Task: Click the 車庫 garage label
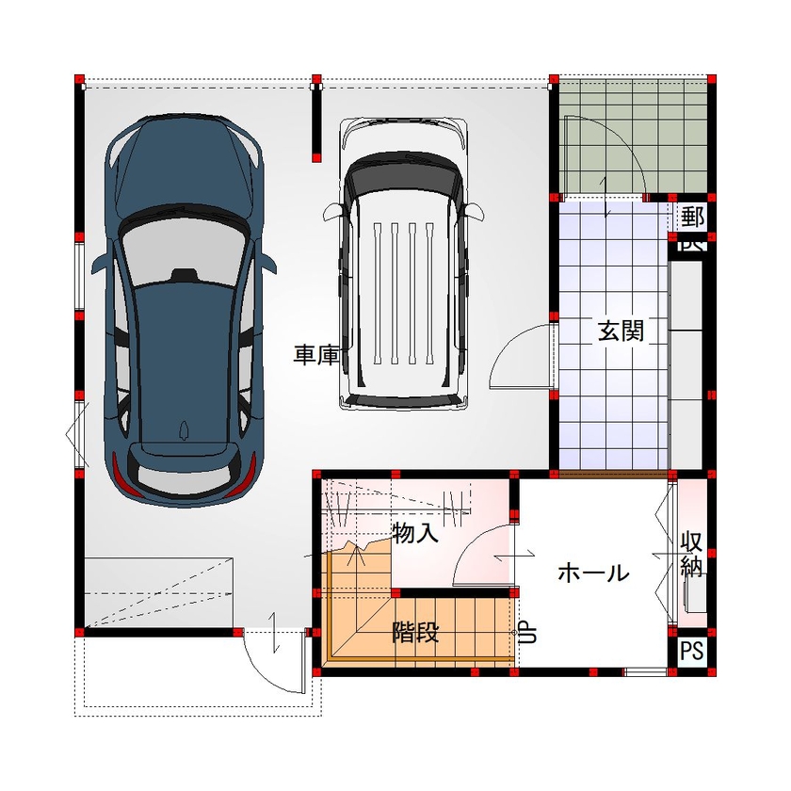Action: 315,355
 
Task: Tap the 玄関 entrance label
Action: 621,331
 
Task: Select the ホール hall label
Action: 592,572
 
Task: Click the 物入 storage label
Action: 415,534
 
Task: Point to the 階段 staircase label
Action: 415,632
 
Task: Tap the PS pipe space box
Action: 692,651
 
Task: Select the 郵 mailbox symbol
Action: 693,217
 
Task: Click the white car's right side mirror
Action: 476,212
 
